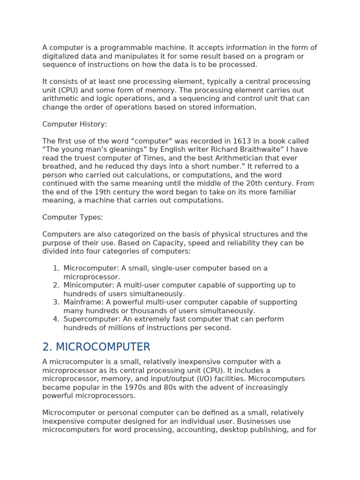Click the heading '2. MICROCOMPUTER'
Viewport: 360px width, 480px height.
[96, 347]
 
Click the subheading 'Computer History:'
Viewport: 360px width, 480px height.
[75, 124]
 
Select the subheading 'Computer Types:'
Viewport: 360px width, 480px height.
[73, 217]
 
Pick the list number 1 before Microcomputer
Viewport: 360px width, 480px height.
[56, 269]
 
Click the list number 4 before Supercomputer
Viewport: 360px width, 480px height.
[56, 319]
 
